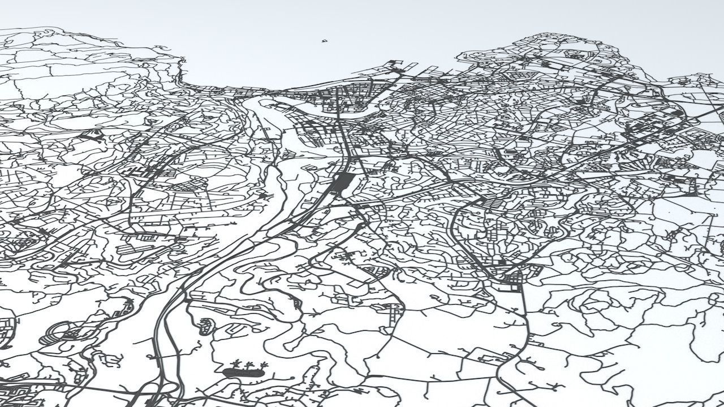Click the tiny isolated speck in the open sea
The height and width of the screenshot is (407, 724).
325,41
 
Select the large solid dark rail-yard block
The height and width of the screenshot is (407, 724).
343,183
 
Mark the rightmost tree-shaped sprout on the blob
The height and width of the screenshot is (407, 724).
262,364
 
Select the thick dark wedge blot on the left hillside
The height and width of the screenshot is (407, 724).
90,135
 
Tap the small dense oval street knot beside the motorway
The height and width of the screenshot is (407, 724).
205,325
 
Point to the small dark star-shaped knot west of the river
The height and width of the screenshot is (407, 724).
262,195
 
